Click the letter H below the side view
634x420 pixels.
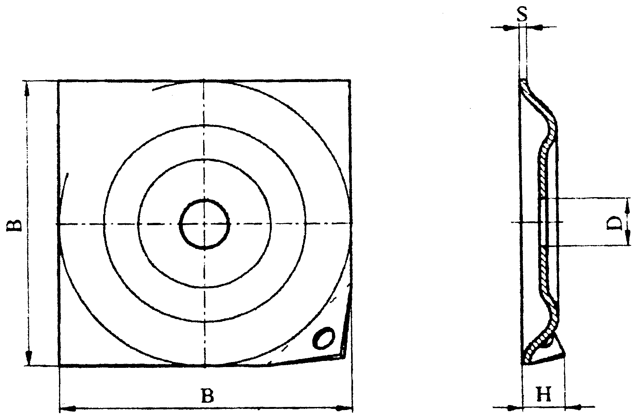[x=544, y=395]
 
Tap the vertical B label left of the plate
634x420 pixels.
[x=14, y=225]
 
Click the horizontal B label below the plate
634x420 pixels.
[x=207, y=396]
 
